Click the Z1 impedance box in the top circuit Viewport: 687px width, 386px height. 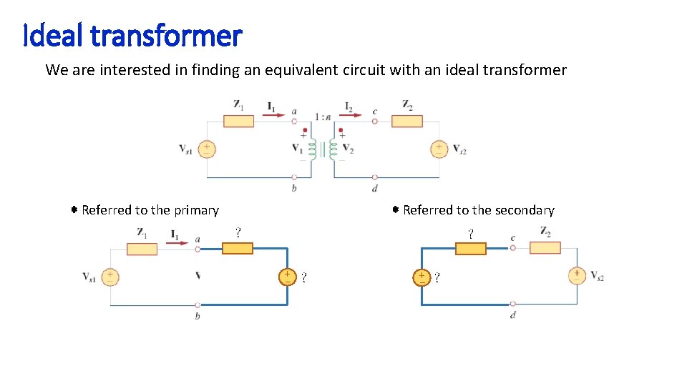pyautogui.click(x=238, y=121)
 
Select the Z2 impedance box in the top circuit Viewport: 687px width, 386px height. pyautogui.click(x=406, y=121)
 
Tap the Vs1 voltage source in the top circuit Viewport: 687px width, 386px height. pyautogui.click(x=206, y=149)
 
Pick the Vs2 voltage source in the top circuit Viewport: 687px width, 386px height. pyautogui.click(x=438, y=149)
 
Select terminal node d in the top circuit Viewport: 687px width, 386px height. pyautogui.click(x=376, y=177)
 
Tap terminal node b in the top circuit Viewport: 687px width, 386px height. pyautogui.click(x=294, y=177)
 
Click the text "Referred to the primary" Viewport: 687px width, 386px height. pyautogui.click(x=150, y=210)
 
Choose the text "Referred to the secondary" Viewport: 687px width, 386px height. pyautogui.click(x=478, y=210)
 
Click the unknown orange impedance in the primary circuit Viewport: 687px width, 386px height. pyautogui.click(x=237, y=248)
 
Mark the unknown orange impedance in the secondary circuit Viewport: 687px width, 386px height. pyautogui.click(x=470, y=248)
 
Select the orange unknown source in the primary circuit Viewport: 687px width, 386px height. pyautogui.click(x=287, y=277)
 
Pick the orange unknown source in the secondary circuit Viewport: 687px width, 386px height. pyautogui.click(x=422, y=277)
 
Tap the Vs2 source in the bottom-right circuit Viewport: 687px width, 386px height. pyautogui.click(x=577, y=275)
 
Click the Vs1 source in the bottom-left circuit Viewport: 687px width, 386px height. pyautogui.click(x=110, y=277)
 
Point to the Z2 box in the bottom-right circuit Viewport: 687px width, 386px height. pyautogui.click(x=545, y=247)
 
